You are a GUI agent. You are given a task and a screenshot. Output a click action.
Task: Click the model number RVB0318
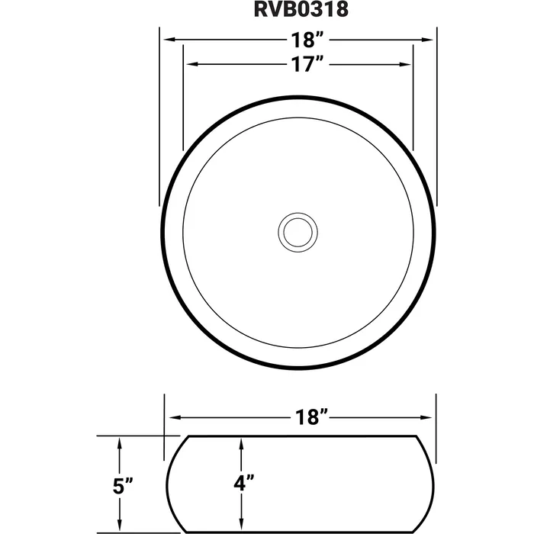tap(297, 11)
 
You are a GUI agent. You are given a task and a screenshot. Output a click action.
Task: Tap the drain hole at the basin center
tap(298, 231)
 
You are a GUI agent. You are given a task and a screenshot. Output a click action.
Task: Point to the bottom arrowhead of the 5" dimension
tap(120, 526)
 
